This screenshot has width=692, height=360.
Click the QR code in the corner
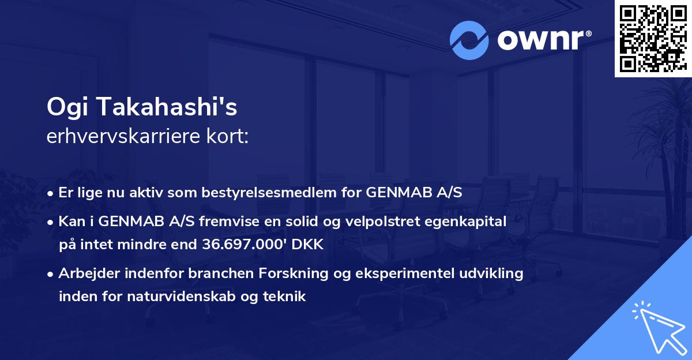coord(652,39)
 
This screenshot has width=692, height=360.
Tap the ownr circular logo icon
coord(469,40)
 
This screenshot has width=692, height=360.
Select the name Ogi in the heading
coord(66,107)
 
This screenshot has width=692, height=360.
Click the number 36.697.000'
coord(245,244)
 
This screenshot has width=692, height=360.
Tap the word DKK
coord(307,244)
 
